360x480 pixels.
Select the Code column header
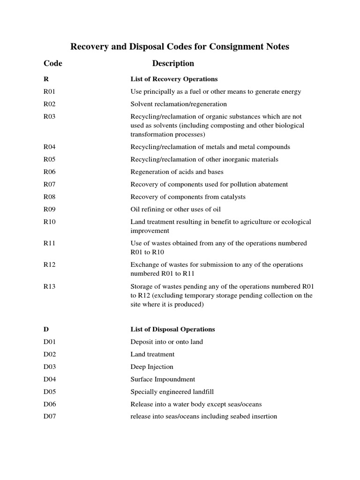[x=53, y=63]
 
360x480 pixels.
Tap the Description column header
[x=173, y=63]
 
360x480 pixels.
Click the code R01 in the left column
[x=49, y=91]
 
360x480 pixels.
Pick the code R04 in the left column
[x=49, y=147]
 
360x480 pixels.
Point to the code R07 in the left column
[x=49, y=184]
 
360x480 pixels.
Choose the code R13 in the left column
[x=49, y=286]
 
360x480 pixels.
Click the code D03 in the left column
[x=49, y=367]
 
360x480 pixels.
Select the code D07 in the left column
[x=49, y=416]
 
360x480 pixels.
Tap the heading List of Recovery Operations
[x=174, y=79]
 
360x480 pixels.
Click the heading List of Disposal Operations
[x=172, y=330]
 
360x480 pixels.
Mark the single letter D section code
[x=46, y=330]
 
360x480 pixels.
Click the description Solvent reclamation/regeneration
[x=179, y=104]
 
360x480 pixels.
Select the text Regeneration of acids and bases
[x=177, y=172]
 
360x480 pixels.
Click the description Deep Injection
[x=152, y=367]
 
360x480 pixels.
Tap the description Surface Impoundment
[x=163, y=379]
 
